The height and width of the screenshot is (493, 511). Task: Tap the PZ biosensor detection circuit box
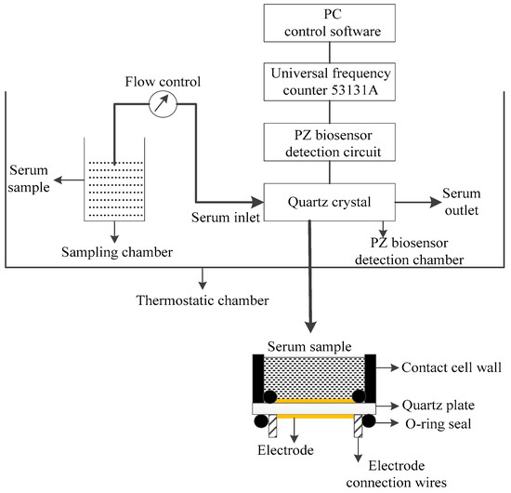(332, 141)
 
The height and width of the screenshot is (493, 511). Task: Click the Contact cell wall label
(454, 367)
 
